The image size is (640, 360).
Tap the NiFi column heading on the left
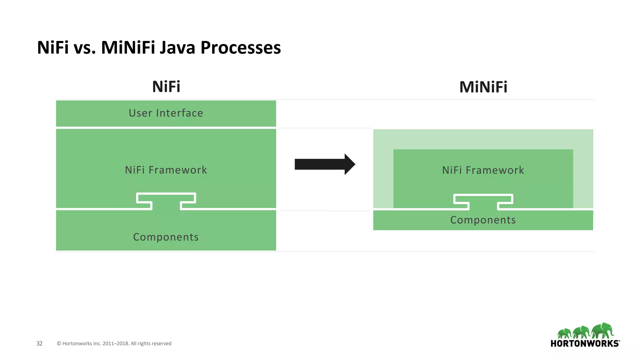click(x=166, y=87)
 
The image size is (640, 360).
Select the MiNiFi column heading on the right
click(x=483, y=87)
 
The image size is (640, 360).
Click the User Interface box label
click(x=166, y=113)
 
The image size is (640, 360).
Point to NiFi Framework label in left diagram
click(x=166, y=170)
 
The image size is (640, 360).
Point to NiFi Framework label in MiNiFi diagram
click(x=483, y=170)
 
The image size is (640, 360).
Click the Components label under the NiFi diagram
click(x=166, y=237)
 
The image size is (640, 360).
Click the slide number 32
click(x=39, y=343)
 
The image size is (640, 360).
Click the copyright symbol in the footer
click(x=59, y=343)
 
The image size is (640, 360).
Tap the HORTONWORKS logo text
click(x=585, y=344)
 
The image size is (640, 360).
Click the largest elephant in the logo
click(x=603, y=331)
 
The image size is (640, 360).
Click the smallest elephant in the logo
click(x=564, y=333)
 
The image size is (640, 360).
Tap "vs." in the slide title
click(x=84, y=48)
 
